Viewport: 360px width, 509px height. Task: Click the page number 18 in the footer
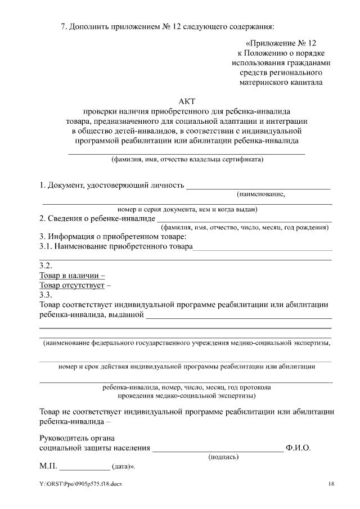[332, 484]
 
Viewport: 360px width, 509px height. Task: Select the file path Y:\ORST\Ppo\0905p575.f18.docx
[80, 484]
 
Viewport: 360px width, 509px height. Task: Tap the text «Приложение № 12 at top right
[281, 43]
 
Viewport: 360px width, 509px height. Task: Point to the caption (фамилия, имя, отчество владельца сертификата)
[187, 159]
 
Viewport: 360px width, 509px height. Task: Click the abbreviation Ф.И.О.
[298, 448]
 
